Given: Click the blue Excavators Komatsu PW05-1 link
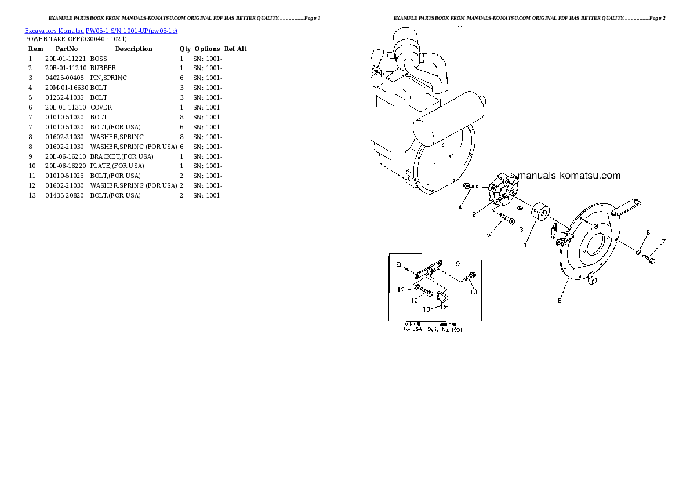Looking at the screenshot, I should click(x=101, y=30).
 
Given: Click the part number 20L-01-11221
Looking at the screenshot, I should click(x=66, y=59).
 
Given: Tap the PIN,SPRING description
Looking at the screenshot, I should click(x=108, y=78).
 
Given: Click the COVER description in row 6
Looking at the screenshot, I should click(x=101, y=108).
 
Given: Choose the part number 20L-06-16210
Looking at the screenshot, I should click(x=66, y=156).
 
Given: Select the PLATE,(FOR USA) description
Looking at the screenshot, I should click(x=115, y=166).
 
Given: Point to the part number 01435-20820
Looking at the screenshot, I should click(x=66, y=196).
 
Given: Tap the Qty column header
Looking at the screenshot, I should click(x=185, y=49).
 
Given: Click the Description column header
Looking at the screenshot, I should click(x=133, y=49).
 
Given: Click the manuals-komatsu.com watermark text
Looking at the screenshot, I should click(x=569, y=176).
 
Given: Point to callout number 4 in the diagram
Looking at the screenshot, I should click(x=460, y=207).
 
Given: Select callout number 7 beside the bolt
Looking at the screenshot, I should click(x=663, y=242).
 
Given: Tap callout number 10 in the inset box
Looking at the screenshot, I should click(x=426, y=309).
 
